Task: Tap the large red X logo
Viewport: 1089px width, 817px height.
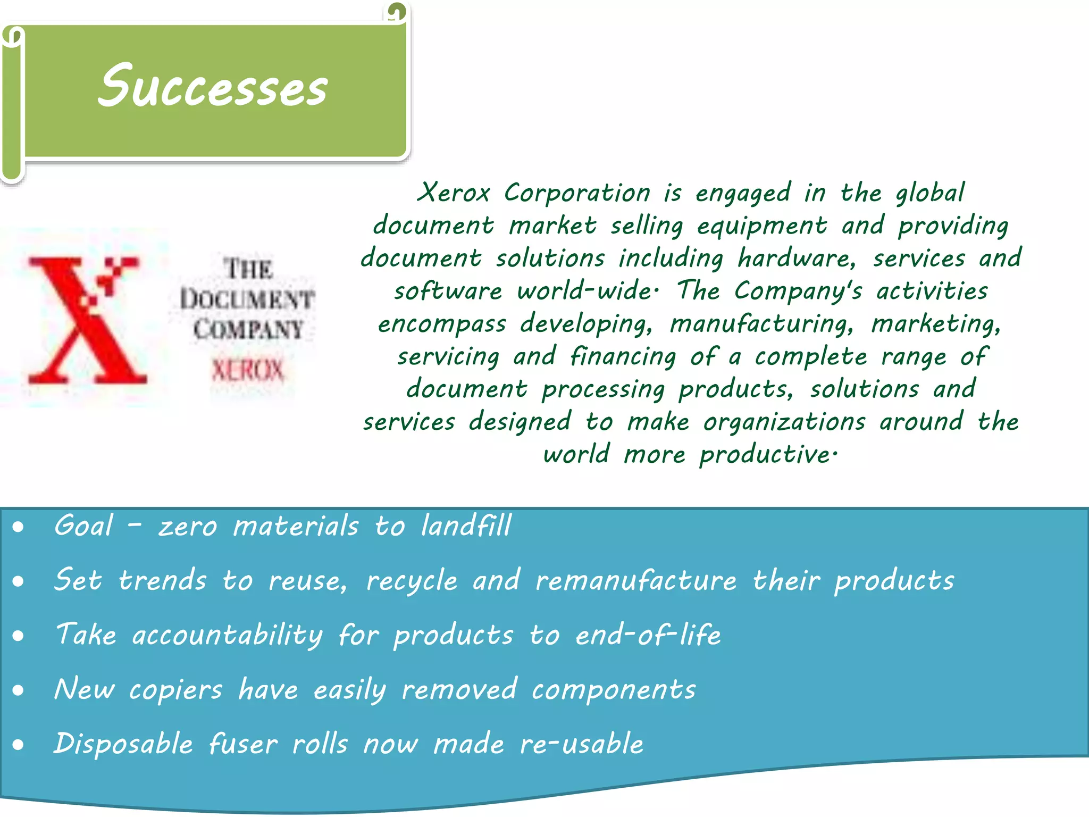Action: click(x=85, y=319)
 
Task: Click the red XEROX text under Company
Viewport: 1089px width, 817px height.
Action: click(x=248, y=370)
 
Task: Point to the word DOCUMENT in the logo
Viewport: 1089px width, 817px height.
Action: click(x=247, y=298)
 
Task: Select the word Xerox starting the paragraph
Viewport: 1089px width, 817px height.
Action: click(x=454, y=193)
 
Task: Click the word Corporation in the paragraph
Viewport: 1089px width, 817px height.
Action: click(x=577, y=193)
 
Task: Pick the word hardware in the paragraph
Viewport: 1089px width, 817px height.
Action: click(x=797, y=259)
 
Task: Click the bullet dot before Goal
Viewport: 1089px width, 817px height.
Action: click(x=19, y=527)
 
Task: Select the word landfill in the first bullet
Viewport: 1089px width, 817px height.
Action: click(x=466, y=526)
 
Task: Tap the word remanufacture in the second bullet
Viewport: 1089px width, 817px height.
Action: click(x=636, y=580)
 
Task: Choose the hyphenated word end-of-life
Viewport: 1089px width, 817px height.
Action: click(x=648, y=635)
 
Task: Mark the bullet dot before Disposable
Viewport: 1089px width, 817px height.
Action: click(x=19, y=745)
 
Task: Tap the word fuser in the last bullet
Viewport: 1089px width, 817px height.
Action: click(x=243, y=744)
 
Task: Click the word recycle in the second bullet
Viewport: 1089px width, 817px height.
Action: click(x=412, y=581)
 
